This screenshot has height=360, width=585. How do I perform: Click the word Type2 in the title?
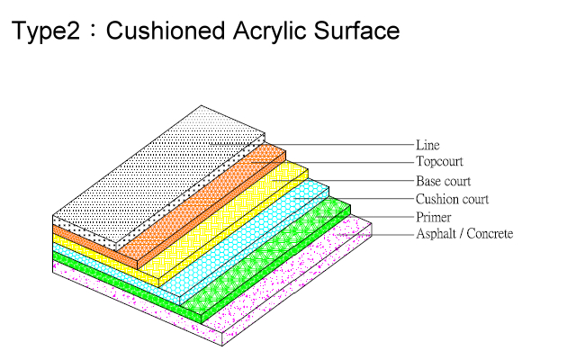(x=46, y=31)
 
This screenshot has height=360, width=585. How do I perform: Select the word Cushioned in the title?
(x=166, y=31)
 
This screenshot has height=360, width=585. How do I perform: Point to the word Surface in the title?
(x=356, y=31)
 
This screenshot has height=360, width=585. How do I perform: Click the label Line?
(x=427, y=145)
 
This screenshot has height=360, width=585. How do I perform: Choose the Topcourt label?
(x=439, y=162)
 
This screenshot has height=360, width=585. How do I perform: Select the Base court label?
(x=443, y=181)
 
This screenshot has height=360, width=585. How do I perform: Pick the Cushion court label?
(x=452, y=199)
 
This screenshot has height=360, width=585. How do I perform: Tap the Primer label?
(x=434, y=217)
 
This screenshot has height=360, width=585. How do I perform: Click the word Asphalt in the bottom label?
(x=436, y=234)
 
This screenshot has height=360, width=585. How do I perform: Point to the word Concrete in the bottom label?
(x=490, y=234)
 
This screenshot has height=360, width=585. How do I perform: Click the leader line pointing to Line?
(x=311, y=144)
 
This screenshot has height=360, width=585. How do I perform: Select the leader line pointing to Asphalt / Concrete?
(x=375, y=235)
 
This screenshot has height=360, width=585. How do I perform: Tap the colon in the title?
(x=93, y=31)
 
